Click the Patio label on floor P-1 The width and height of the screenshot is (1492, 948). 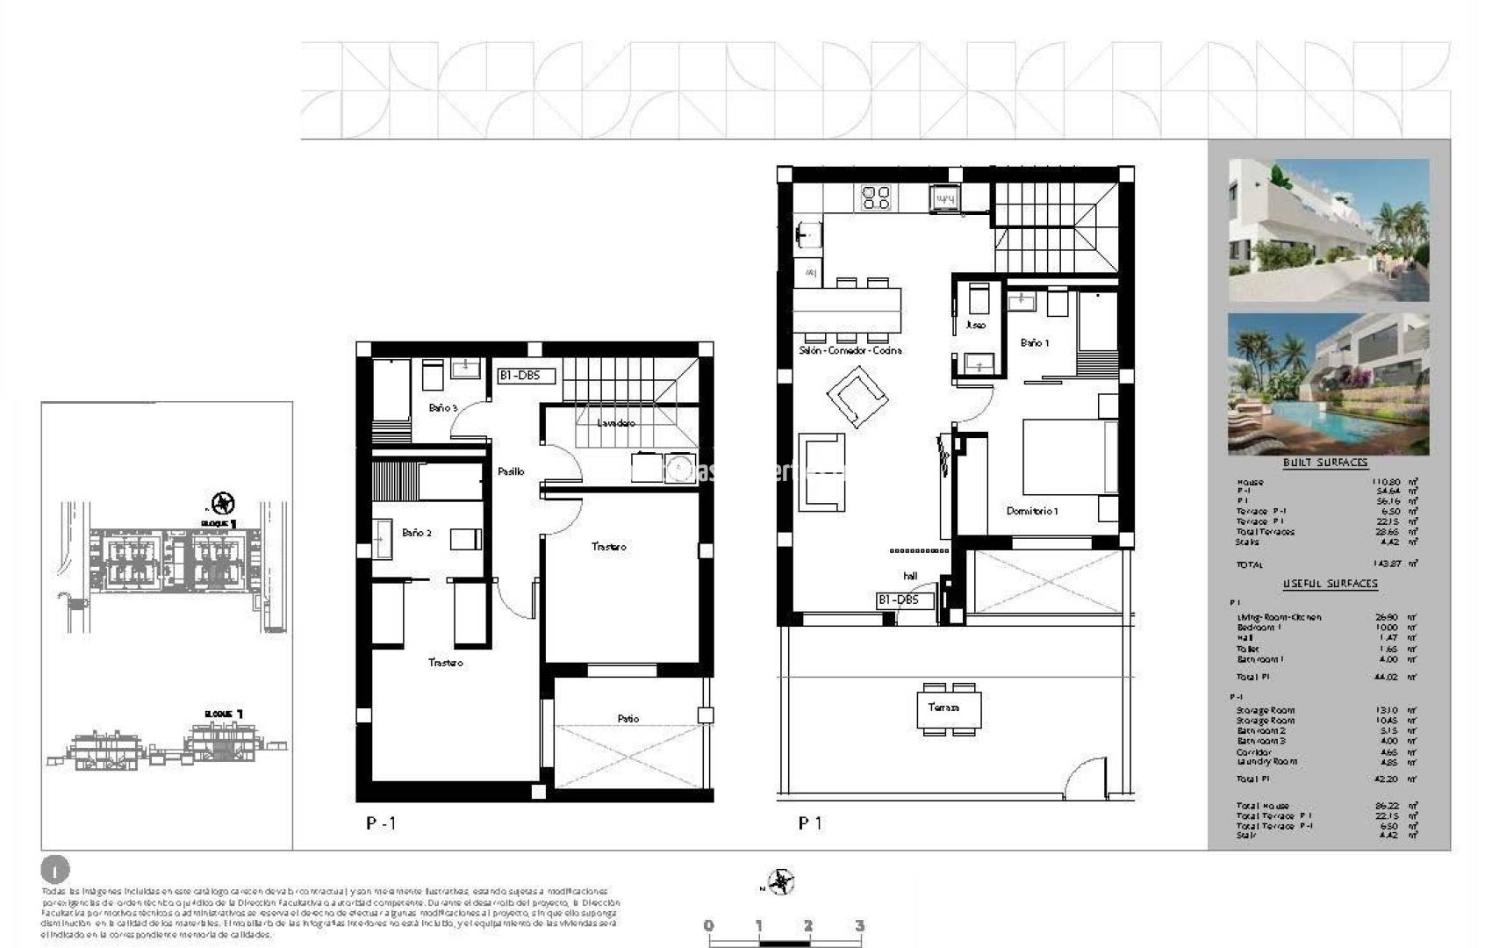628,719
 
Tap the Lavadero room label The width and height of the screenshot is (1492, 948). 616,423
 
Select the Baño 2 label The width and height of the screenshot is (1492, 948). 417,533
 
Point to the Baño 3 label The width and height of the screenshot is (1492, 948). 443,408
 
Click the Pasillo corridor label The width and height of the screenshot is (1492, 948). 511,471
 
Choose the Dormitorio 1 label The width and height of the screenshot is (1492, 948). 1032,511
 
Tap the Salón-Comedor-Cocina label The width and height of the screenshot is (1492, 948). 850,350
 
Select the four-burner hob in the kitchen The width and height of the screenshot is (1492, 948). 876,197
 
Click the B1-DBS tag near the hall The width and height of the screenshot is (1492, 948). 898,600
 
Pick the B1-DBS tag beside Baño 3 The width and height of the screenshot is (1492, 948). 526,376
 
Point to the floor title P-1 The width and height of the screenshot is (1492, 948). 381,823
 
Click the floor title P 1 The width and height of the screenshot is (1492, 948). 809,823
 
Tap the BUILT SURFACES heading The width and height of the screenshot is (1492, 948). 1325,463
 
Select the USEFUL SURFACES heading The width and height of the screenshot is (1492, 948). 1330,584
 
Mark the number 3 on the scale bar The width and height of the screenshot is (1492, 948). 859,925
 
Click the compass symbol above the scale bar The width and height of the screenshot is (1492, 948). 780,881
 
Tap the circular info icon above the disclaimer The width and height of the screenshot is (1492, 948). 54,870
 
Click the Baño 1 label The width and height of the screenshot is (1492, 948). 1035,343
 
